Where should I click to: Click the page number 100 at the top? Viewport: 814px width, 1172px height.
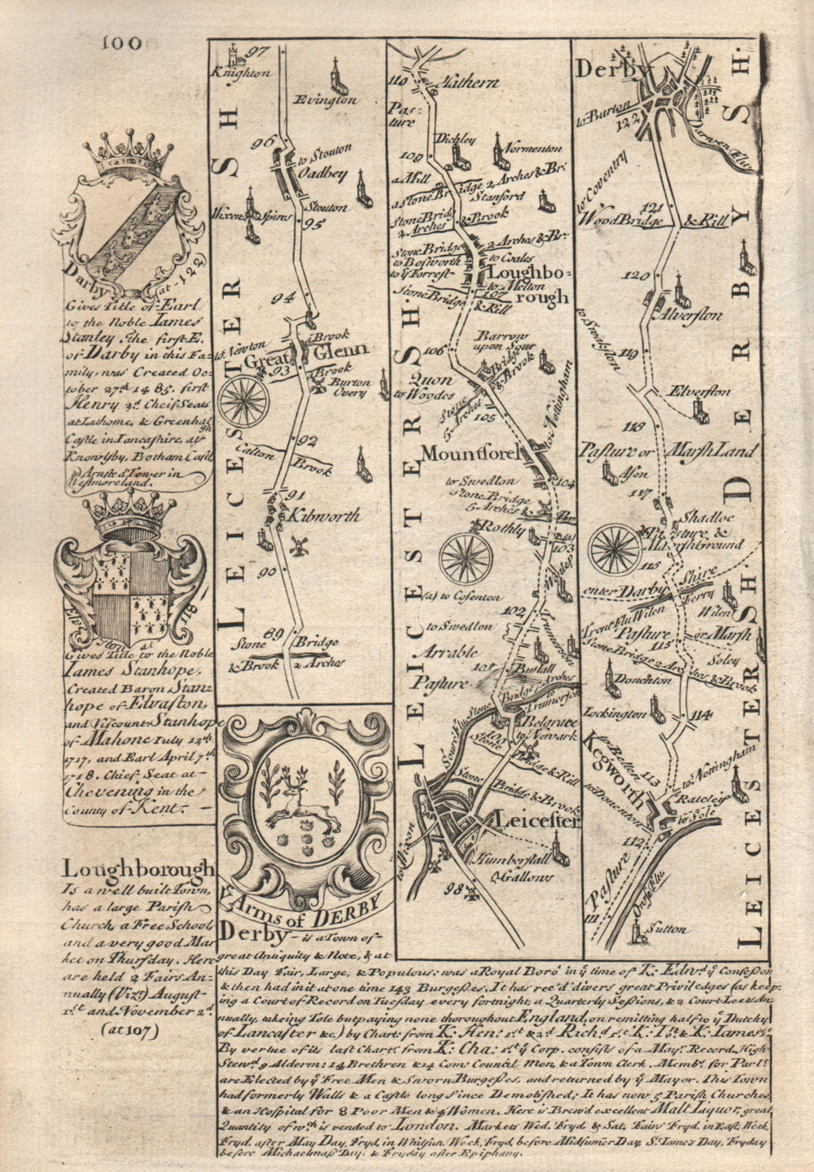(122, 42)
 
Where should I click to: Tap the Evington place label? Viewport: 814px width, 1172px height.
(332, 100)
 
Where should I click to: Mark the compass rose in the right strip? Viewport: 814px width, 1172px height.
(615, 548)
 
